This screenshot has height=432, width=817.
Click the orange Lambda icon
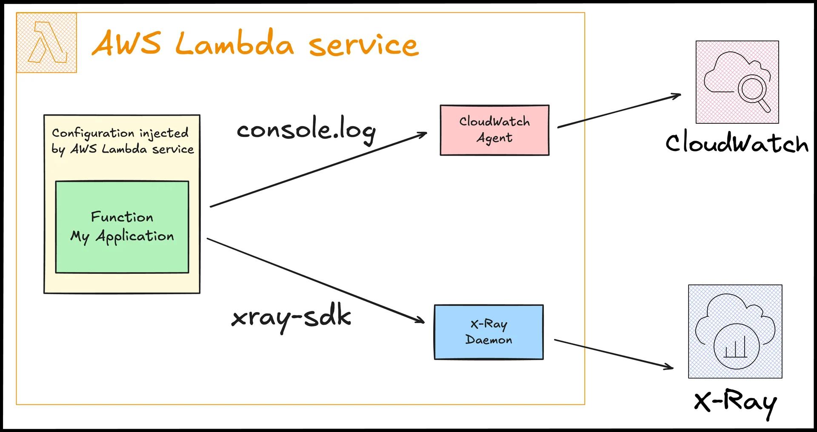point(47,43)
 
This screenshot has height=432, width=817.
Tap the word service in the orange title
point(364,46)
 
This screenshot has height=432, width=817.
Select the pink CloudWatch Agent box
point(494,130)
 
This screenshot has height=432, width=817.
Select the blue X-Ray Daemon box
point(488,332)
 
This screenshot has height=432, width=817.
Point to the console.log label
point(306,130)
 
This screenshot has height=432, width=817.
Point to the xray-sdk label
point(291,318)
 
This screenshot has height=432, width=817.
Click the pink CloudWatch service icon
point(737,82)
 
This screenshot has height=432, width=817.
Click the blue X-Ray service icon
point(735,331)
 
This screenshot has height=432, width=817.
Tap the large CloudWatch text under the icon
point(737,143)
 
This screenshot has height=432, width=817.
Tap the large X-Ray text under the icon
point(735,402)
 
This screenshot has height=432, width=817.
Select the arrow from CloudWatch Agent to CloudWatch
point(619,111)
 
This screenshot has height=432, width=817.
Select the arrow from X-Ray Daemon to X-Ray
point(613,353)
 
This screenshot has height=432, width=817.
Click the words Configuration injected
point(120,133)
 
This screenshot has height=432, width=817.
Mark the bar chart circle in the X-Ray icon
point(735,348)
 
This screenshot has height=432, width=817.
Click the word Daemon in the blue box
point(488,340)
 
